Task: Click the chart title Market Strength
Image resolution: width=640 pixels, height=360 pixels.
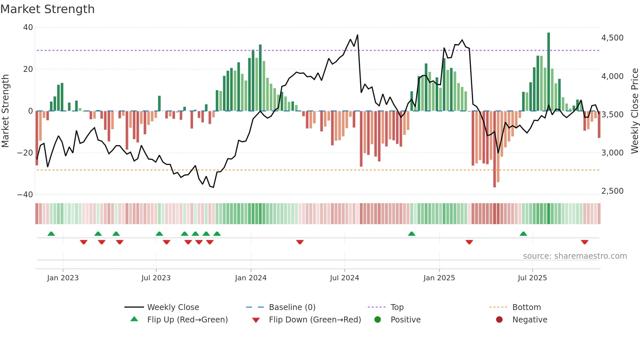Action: (x=47, y=9)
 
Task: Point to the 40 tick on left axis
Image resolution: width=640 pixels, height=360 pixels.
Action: (x=28, y=27)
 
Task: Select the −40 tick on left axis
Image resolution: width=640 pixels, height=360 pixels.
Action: (x=25, y=195)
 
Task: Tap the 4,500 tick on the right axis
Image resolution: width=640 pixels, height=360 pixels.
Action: (x=612, y=38)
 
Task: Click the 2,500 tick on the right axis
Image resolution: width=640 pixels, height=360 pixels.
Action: (x=612, y=191)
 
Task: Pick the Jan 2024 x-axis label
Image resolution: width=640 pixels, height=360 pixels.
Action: (x=250, y=278)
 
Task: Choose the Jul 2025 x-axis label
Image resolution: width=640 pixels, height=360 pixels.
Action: (x=532, y=278)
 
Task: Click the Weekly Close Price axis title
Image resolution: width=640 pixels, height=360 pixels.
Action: (x=634, y=111)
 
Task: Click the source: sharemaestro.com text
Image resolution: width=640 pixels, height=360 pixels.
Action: (x=575, y=256)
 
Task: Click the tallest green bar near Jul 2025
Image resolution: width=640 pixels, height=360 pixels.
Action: (x=549, y=72)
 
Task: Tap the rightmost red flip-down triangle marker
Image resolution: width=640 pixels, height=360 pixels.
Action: (x=584, y=242)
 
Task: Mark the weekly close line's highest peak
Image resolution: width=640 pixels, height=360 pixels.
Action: (x=358, y=35)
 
